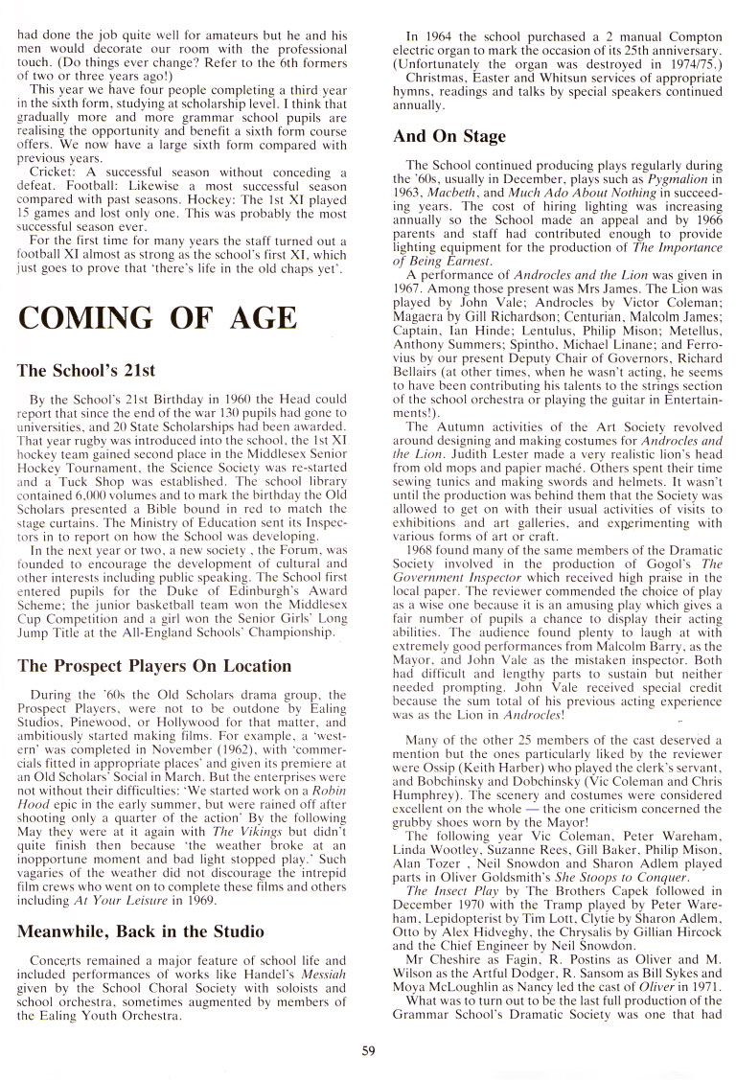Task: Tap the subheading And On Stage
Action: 449,136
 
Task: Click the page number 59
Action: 369,1050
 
